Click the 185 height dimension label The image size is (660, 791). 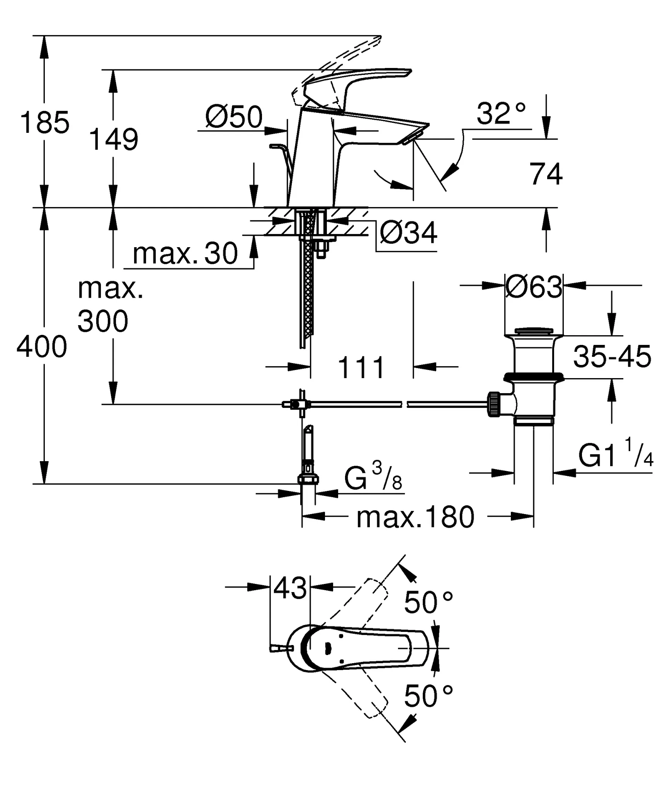[x=45, y=122]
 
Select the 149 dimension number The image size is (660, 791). [x=113, y=139]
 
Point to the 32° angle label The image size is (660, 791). [x=501, y=114]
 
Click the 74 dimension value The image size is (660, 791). [x=545, y=175]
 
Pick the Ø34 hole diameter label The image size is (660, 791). [x=408, y=233]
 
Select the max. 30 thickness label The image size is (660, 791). [x=185, y=254]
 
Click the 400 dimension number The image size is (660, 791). [x=42, y=347]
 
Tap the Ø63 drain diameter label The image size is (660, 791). [x=534, y=287]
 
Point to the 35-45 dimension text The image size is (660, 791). [x=612, y=356]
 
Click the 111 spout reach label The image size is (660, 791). [x=361, y=368]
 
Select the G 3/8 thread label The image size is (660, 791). [x=373, y=479]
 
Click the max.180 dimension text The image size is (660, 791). [x=415, y=518]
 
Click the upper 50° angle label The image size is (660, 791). [x=428, y=603]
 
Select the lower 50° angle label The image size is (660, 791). [x=428, y=696]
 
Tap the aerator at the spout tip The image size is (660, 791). [x=411, y=138]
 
